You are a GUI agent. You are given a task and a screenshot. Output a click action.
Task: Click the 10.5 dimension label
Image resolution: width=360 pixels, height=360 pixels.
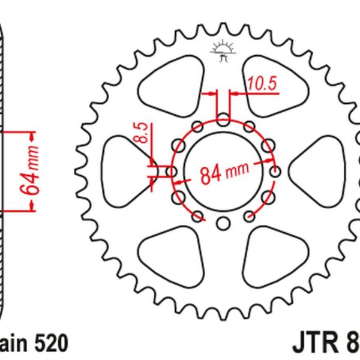[x=262, y=85]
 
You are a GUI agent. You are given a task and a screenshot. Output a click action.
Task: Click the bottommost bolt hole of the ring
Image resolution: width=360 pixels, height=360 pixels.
[x=223, y=224]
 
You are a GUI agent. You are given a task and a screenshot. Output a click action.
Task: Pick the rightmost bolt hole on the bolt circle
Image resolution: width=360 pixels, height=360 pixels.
[x=275, y=173]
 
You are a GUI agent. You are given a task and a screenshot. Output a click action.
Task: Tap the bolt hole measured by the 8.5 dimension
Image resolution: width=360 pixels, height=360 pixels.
[x=172, y=173]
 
